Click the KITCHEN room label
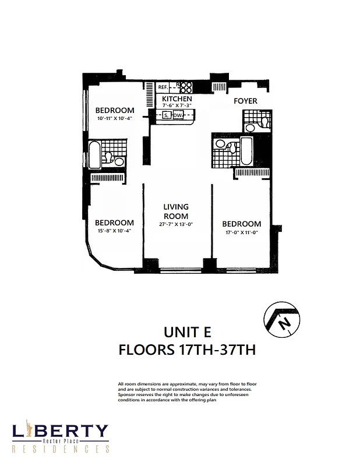tap(177, 99)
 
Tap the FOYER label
tap(245, 101)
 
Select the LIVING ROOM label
tap(175, 211)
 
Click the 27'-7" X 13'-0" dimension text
tap(175, 224)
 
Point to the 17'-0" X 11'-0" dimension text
tap(242, 232)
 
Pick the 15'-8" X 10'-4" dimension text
tap(114, 231)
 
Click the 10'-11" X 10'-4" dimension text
tap(115, 118)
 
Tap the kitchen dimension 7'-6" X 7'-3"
tap(177, 106)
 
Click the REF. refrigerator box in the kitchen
tap(163, 87)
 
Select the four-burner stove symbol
tap(185, 87)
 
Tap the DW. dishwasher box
tap(178, 115)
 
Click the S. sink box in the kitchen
tap(166, 115)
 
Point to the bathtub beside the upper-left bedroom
tap(94, 154)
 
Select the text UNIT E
tap(186, 332)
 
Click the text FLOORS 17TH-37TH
tap(186, 351)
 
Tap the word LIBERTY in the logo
tap(61, 432)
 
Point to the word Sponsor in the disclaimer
tap(128, 394)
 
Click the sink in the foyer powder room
tap(250, 127)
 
